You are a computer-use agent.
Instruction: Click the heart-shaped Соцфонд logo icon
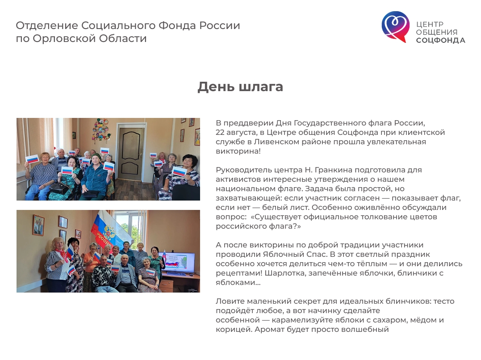tap(395, 26)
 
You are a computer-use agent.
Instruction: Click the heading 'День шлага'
tap(240, 87)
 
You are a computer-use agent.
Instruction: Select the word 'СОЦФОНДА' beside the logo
tap(440, 40)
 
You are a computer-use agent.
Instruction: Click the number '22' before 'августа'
tap(220, 132)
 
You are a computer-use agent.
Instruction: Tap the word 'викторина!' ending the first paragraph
tap(238, 151)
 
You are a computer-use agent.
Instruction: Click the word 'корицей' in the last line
tap(234, 330)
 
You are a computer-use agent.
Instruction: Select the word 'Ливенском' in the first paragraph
tap(277, 142)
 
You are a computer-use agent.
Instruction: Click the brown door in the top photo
tap(131, 154)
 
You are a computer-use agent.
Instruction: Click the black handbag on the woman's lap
tap(59, 188)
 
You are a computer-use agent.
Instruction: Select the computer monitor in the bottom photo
tap(176, 263)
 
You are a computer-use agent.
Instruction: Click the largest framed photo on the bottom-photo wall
tap(38, 225)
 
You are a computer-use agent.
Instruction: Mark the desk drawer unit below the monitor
tap(167, 286)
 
